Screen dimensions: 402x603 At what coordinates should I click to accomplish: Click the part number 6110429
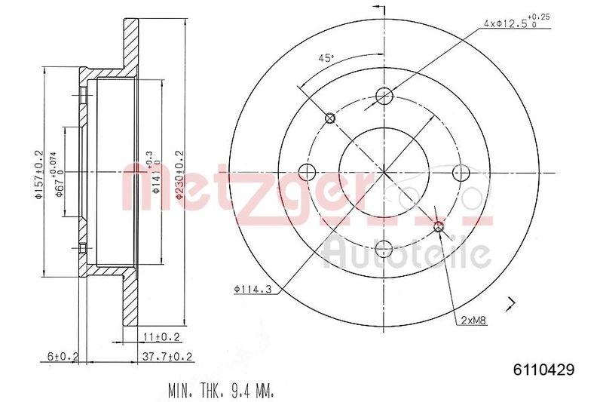tap(543, 370)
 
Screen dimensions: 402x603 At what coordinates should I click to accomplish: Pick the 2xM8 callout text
tap(473, 320)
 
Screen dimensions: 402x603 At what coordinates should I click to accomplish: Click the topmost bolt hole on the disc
tap(384, 96)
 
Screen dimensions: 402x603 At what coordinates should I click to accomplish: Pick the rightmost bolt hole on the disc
tap(460, 171)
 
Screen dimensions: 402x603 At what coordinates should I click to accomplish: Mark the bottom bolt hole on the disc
tap(384, 247)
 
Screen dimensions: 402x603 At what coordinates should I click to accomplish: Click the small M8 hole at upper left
tap(329, 118)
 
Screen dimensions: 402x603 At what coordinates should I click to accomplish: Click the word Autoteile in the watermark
tap(407, 253)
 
